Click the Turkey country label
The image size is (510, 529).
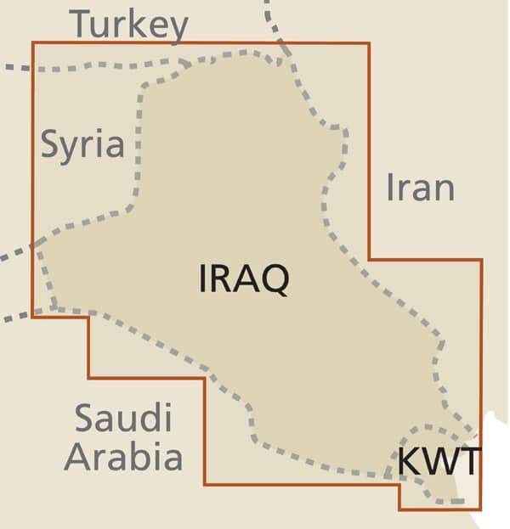[x=128, y=25]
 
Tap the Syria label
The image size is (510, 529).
[x=82, y=145]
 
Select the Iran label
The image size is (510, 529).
[x=420, y=187]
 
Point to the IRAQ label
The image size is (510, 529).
[x=243, y=279]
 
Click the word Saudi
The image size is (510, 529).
[x=123, y=419]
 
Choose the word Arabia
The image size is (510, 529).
[x=124, y=456]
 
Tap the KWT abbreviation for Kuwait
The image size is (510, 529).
[x=439, y=462]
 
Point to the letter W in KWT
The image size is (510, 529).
[x=439, y=462]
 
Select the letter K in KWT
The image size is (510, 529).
[x=409, y=462]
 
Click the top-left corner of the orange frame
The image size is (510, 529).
[x=33, y=42]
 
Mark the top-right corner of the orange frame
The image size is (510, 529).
[x=369, y=42]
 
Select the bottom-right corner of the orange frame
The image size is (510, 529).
[x=481, y=509]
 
